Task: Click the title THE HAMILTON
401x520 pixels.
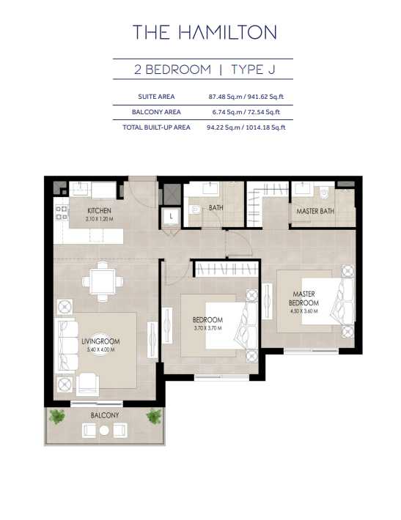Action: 205,32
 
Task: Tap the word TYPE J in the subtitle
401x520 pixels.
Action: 253,70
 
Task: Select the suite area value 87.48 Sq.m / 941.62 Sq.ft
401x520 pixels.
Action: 246,97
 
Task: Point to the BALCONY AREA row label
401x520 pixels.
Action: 156,112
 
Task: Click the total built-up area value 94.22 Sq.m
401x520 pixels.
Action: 223,127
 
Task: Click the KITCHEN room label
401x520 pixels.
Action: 99,210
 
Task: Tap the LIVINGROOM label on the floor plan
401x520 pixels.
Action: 100,341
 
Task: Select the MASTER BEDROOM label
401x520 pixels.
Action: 303,298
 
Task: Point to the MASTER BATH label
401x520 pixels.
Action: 315,211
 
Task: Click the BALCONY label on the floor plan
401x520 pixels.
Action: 105,415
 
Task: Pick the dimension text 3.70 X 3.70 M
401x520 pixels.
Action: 207,328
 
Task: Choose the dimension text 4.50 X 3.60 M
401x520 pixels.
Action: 303,311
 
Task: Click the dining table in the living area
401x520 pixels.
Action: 103,281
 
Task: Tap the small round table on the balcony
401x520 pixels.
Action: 104,430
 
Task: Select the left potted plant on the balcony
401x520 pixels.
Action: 57,417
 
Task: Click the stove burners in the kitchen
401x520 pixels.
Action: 62,212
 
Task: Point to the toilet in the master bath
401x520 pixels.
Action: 324,192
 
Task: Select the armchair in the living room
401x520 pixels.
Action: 88,384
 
